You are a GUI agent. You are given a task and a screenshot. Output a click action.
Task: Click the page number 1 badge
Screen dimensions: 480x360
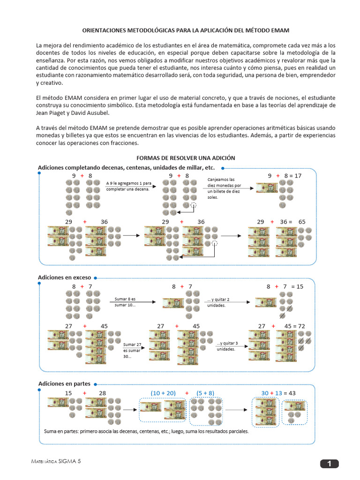coord(330,464)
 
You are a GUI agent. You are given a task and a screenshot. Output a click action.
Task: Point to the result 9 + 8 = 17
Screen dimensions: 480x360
coord(285,176)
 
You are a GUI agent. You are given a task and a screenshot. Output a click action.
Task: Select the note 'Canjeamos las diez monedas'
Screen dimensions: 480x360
coord(224,188)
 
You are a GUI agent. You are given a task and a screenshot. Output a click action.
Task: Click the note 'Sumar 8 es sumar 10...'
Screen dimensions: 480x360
coord(125,302)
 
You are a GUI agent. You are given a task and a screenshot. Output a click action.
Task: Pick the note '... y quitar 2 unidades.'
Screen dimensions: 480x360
coord(218,302)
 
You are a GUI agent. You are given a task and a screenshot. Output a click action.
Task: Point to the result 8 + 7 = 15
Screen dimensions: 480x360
coord(285,286)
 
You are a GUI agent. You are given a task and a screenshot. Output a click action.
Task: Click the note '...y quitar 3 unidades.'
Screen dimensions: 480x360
coord(227,346)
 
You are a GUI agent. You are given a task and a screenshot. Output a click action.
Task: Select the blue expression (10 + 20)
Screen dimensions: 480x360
coord(163,393)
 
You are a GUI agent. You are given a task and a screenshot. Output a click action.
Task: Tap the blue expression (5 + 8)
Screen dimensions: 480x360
coord(205,393)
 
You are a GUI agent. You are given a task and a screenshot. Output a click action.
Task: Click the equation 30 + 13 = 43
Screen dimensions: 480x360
coord(278,393)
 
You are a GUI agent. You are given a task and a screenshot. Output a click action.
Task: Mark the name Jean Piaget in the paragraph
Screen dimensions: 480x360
coord(52,113)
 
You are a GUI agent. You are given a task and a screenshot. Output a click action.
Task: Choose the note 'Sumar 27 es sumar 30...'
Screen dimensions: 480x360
coord(132,350)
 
